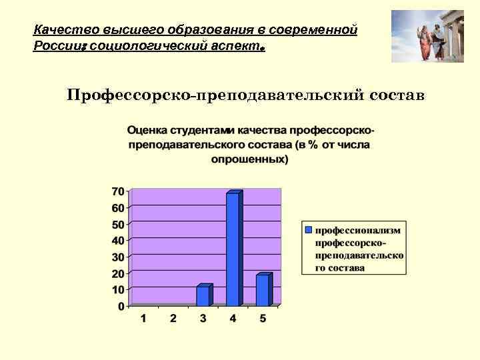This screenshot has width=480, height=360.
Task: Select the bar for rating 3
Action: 203,296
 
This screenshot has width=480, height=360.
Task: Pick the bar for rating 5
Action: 263,290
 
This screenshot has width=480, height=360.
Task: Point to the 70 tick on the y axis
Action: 117,191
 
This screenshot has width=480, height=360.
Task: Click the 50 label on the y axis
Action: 117,224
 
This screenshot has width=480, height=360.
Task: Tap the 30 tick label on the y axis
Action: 117,257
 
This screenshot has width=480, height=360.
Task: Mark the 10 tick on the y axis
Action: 117,290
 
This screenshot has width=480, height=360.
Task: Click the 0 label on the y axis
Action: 121,307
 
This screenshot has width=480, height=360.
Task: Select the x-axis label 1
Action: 143,319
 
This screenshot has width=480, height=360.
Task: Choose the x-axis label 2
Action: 173,319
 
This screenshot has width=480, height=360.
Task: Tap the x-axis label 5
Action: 263,319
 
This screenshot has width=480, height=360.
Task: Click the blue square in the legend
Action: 308,229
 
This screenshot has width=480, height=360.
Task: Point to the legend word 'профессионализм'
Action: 358,230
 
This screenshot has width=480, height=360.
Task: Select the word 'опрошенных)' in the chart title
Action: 250,159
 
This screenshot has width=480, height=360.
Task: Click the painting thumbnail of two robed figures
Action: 427,36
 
